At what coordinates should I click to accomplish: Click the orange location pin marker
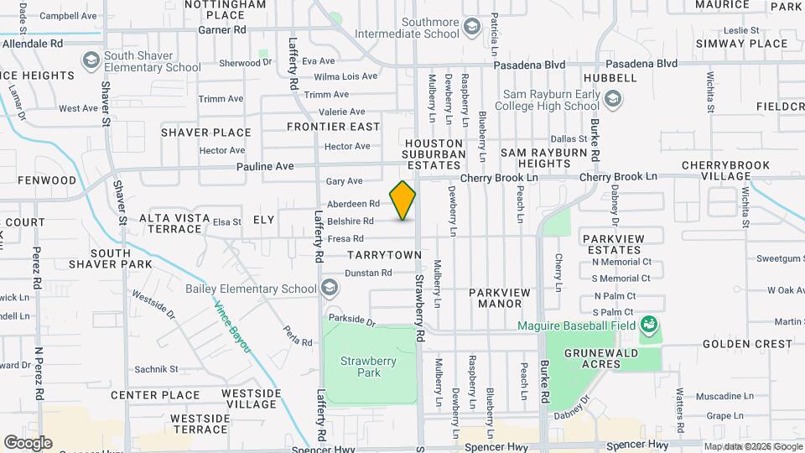pos(402,200)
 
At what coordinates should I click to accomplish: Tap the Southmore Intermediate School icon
pos(473,28)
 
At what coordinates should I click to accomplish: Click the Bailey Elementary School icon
pos(330,289)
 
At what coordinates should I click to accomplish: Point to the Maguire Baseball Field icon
pos(647,324)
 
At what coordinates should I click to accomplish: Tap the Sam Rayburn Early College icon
pos(613,101)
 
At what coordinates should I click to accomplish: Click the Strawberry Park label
pos(361,367)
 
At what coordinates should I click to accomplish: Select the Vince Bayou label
pos(232,326)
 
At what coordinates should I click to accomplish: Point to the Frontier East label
pos(333,127)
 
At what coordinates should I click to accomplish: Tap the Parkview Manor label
pos(500,298)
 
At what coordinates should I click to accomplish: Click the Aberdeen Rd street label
pos(353,204)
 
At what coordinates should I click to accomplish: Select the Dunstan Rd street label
pos(368,273)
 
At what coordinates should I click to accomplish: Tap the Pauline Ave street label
pos(265,166)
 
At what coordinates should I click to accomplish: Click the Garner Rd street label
pos(222,29)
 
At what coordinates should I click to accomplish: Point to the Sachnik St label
pos(157,369)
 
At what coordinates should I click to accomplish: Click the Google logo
pos(28,443)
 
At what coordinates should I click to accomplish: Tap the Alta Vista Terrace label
pos(174,223)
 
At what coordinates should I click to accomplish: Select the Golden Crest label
pos(747,344)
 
